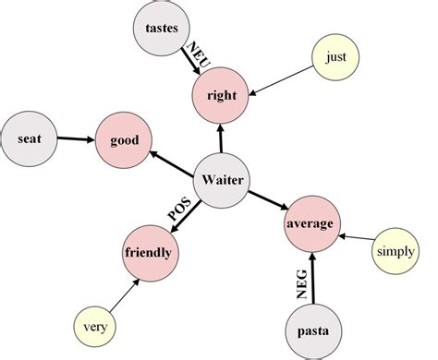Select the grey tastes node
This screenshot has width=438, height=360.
(x=162, y=28)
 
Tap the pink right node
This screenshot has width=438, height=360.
(x=221, y=94)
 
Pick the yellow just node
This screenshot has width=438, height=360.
(x=335, y=58)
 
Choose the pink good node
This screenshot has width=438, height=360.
(x=124, y=141)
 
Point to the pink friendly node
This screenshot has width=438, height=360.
(x=151, y=251)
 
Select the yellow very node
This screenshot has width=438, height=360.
(x=95, y=326)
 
